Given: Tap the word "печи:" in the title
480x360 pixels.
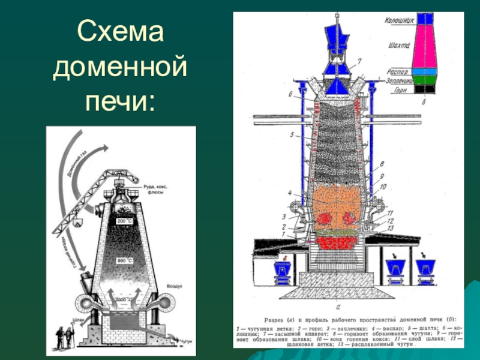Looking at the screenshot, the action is click(120, 100).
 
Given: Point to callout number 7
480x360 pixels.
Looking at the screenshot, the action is click(360, 61).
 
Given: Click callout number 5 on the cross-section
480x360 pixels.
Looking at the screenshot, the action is click(292, 136).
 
